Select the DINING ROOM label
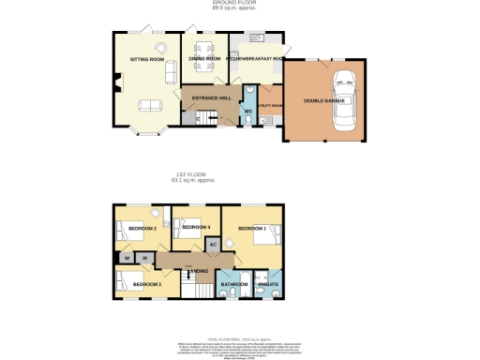[x=204, y=59]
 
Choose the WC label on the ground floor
[x=248, y=112]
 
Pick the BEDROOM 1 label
[x=251, y=228]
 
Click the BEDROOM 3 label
[x=146, y=283]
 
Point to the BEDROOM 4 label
[x=196, y=227]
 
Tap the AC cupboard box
[x=212, y=244]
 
